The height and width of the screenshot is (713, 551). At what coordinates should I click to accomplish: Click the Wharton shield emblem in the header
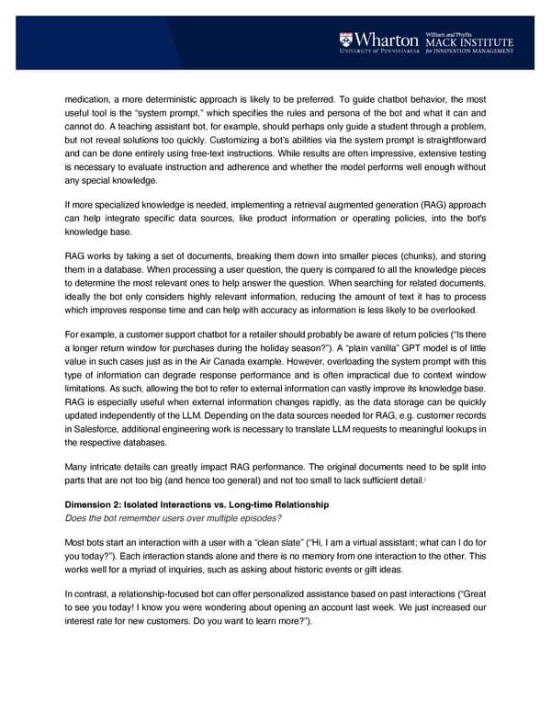click(345, 40)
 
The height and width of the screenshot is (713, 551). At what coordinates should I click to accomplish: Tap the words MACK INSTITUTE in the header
click(468, 42)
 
